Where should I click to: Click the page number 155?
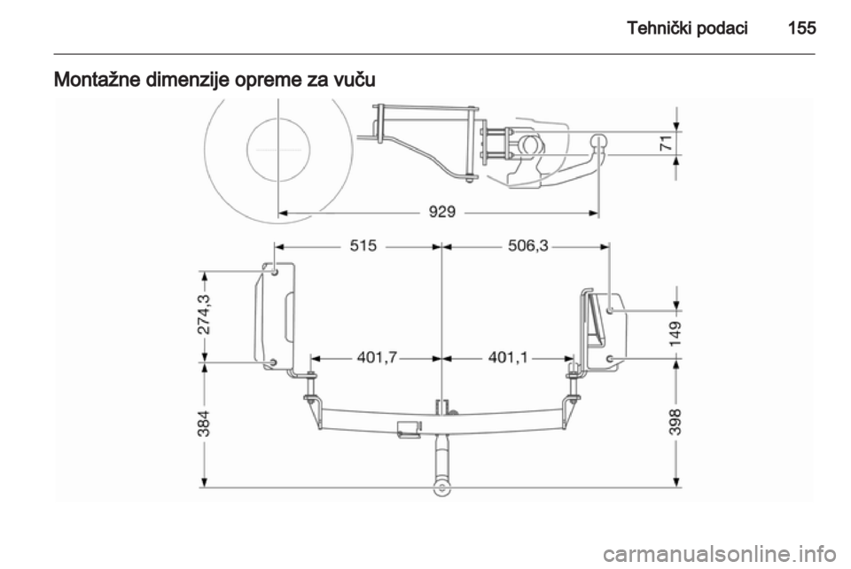pyautogui.click(x=801, y=27)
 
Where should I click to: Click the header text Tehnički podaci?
pyautogui.click(x=687, y=27)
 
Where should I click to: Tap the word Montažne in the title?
pyautogui.click(x=98, y=79)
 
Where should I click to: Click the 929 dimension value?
pyautogui.click(x=442, y=212)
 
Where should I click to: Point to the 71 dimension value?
pyautogui.click(x=666, y=144)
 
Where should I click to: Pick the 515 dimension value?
pyautogui.click(x=363, y=246)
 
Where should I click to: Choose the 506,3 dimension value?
pyautogui.click(x=528, y=246)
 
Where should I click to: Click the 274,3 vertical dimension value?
pyautogui.click(x=205, y=316)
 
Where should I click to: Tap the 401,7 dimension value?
pyautogui.click(x=378, y=357)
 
